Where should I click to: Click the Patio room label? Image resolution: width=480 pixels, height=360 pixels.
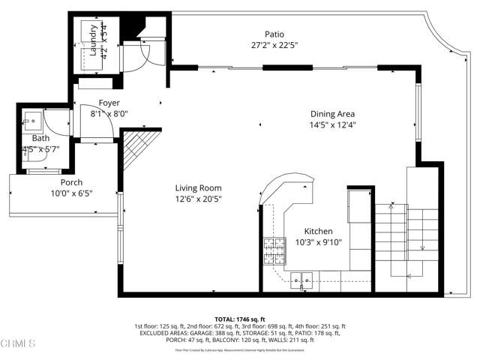click(x=274, y=34)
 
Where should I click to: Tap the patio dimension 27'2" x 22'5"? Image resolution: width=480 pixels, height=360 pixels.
click(x=274, y=45)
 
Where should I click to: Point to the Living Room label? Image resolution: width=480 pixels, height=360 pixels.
click(x=198, y=188)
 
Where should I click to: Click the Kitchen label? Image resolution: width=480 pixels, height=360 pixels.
click(x=318, y=232)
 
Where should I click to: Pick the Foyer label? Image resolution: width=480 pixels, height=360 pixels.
click(x=109, y=103)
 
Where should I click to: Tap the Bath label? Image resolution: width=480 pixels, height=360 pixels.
click(x=40, y=138)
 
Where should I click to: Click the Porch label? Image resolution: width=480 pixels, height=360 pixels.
click(x=72, y=182)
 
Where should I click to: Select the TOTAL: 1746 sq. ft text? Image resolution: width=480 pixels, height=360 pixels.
click(x=239, y=319)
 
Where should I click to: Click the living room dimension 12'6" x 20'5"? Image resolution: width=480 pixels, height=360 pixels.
click(x=198, y=199)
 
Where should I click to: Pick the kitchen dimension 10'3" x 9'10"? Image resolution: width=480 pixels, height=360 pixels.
click(x=318, y=243)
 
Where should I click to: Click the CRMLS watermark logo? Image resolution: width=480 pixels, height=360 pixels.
click(x=19, y=345)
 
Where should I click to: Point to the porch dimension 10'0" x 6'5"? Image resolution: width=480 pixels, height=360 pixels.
click(x=72, y=193)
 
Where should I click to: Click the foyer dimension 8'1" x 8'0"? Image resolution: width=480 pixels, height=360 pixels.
click(x=109, y=115)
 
